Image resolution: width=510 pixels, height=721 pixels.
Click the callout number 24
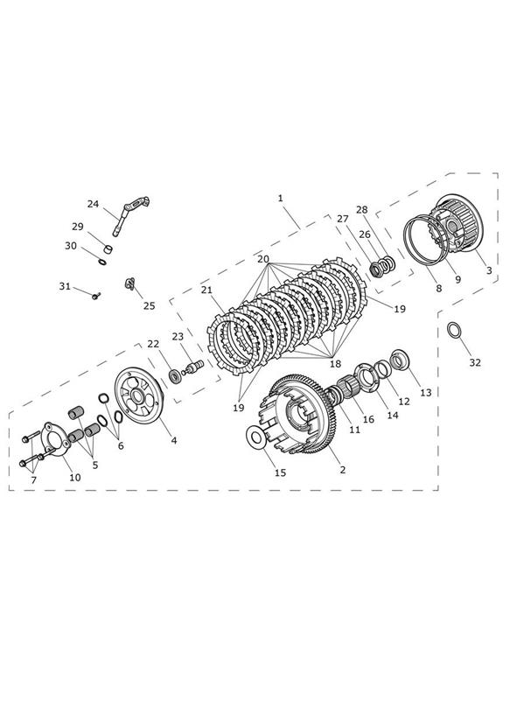click(x=93, y=204)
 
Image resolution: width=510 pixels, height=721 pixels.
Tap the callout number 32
click(x=475, y=362)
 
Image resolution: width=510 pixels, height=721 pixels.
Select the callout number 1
click(x=281, y=198)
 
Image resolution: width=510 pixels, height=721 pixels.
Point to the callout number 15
click(x=280, y=472)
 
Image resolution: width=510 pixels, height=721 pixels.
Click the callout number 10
click(x=75, y=477)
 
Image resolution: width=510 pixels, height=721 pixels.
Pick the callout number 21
click(x=207, y=290)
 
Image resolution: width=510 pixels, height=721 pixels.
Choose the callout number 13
click(x=426, y=392)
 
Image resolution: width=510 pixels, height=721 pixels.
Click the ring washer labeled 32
click(x=454, y=330)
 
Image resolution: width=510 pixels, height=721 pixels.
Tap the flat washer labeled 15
click(x=255, y=437)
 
